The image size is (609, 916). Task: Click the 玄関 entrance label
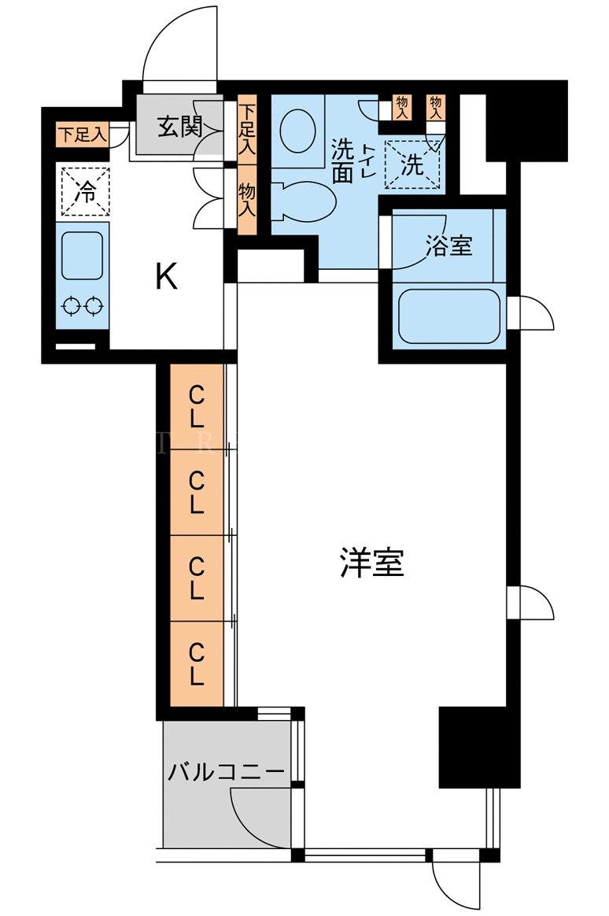180,126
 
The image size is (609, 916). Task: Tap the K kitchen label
166,276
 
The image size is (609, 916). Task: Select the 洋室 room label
372,563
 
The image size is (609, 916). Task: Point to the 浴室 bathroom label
449,246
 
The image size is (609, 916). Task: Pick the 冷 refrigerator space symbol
86,191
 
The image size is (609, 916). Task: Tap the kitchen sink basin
83,256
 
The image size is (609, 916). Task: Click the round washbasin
297,131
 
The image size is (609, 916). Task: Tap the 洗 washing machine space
412,164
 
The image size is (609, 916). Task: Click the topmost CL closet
197,407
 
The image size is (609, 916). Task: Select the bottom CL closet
197,663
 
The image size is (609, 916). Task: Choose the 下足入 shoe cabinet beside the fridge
83,135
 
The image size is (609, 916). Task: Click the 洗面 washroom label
343,161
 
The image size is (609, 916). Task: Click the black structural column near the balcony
479,747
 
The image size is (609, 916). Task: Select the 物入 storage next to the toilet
247,199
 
